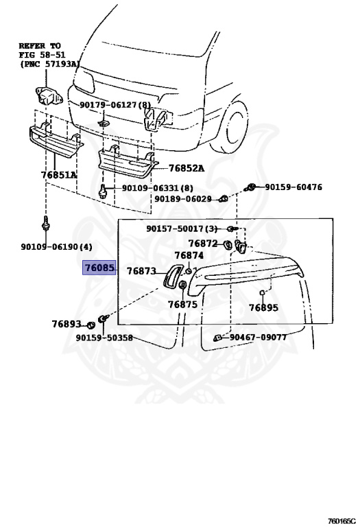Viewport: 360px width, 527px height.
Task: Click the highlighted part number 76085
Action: pyautogui.click(x=99, y=268)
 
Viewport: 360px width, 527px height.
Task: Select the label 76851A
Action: pyautogui.click(x=59, y=175)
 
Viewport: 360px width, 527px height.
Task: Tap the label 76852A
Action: pyautogui.click(x=186, y=168)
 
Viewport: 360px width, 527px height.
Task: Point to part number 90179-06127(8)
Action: pyautogui.click(x=115, y=105)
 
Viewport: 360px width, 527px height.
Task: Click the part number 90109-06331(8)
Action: pyautogui.click(x=158, y=187)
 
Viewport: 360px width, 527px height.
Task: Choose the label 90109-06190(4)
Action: pyautogui.click(x=56, y=247)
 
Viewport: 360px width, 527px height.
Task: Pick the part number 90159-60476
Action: pyautogui.click(x=293, y=187)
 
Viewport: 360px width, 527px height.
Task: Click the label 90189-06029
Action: pyautogui.click(x=182, y=199)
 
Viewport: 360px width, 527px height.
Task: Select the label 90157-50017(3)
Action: pyautogui.click(x=182, y=229)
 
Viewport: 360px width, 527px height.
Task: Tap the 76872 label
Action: pyautogui.click(x=203, y=244)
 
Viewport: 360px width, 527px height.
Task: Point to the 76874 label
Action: pyautogui.click(x=189, y=255)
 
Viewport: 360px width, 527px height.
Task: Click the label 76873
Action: pyautogui.click(x=141, y=270)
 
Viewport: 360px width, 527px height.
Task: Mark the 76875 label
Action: pyautogui.click(x=182, y=305)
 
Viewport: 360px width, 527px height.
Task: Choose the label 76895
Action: pyautogui.click(x=263, y=307)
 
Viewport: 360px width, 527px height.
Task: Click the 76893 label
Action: pyautogui.click(x=67, y=324)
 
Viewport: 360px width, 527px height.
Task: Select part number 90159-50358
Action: pyautogui.click(x=104, y=338)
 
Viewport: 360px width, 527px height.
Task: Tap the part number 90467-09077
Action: pyautogui.click(x=259, y=337)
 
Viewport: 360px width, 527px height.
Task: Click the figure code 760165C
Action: pyautogui.click(x=341, y=522)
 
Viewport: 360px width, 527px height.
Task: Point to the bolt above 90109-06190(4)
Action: pyautogui.click(x=45, y=223)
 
